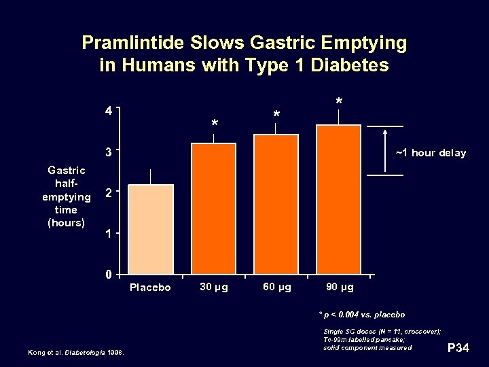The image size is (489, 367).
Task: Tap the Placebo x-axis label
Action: [150, 287]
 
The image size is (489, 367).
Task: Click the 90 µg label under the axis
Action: [340, 287]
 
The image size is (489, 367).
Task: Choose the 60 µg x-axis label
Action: [276, 287]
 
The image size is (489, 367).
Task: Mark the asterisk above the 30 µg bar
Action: [215, 124]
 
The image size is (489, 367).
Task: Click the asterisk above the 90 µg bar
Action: [339, 102]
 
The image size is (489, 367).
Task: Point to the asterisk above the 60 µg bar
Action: [276, 114]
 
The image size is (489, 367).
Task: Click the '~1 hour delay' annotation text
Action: [431, 153]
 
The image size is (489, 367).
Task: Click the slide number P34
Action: [459, 349]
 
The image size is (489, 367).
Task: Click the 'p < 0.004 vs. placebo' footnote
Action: [362, 315]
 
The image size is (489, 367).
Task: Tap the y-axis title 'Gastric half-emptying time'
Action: [66, 196]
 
